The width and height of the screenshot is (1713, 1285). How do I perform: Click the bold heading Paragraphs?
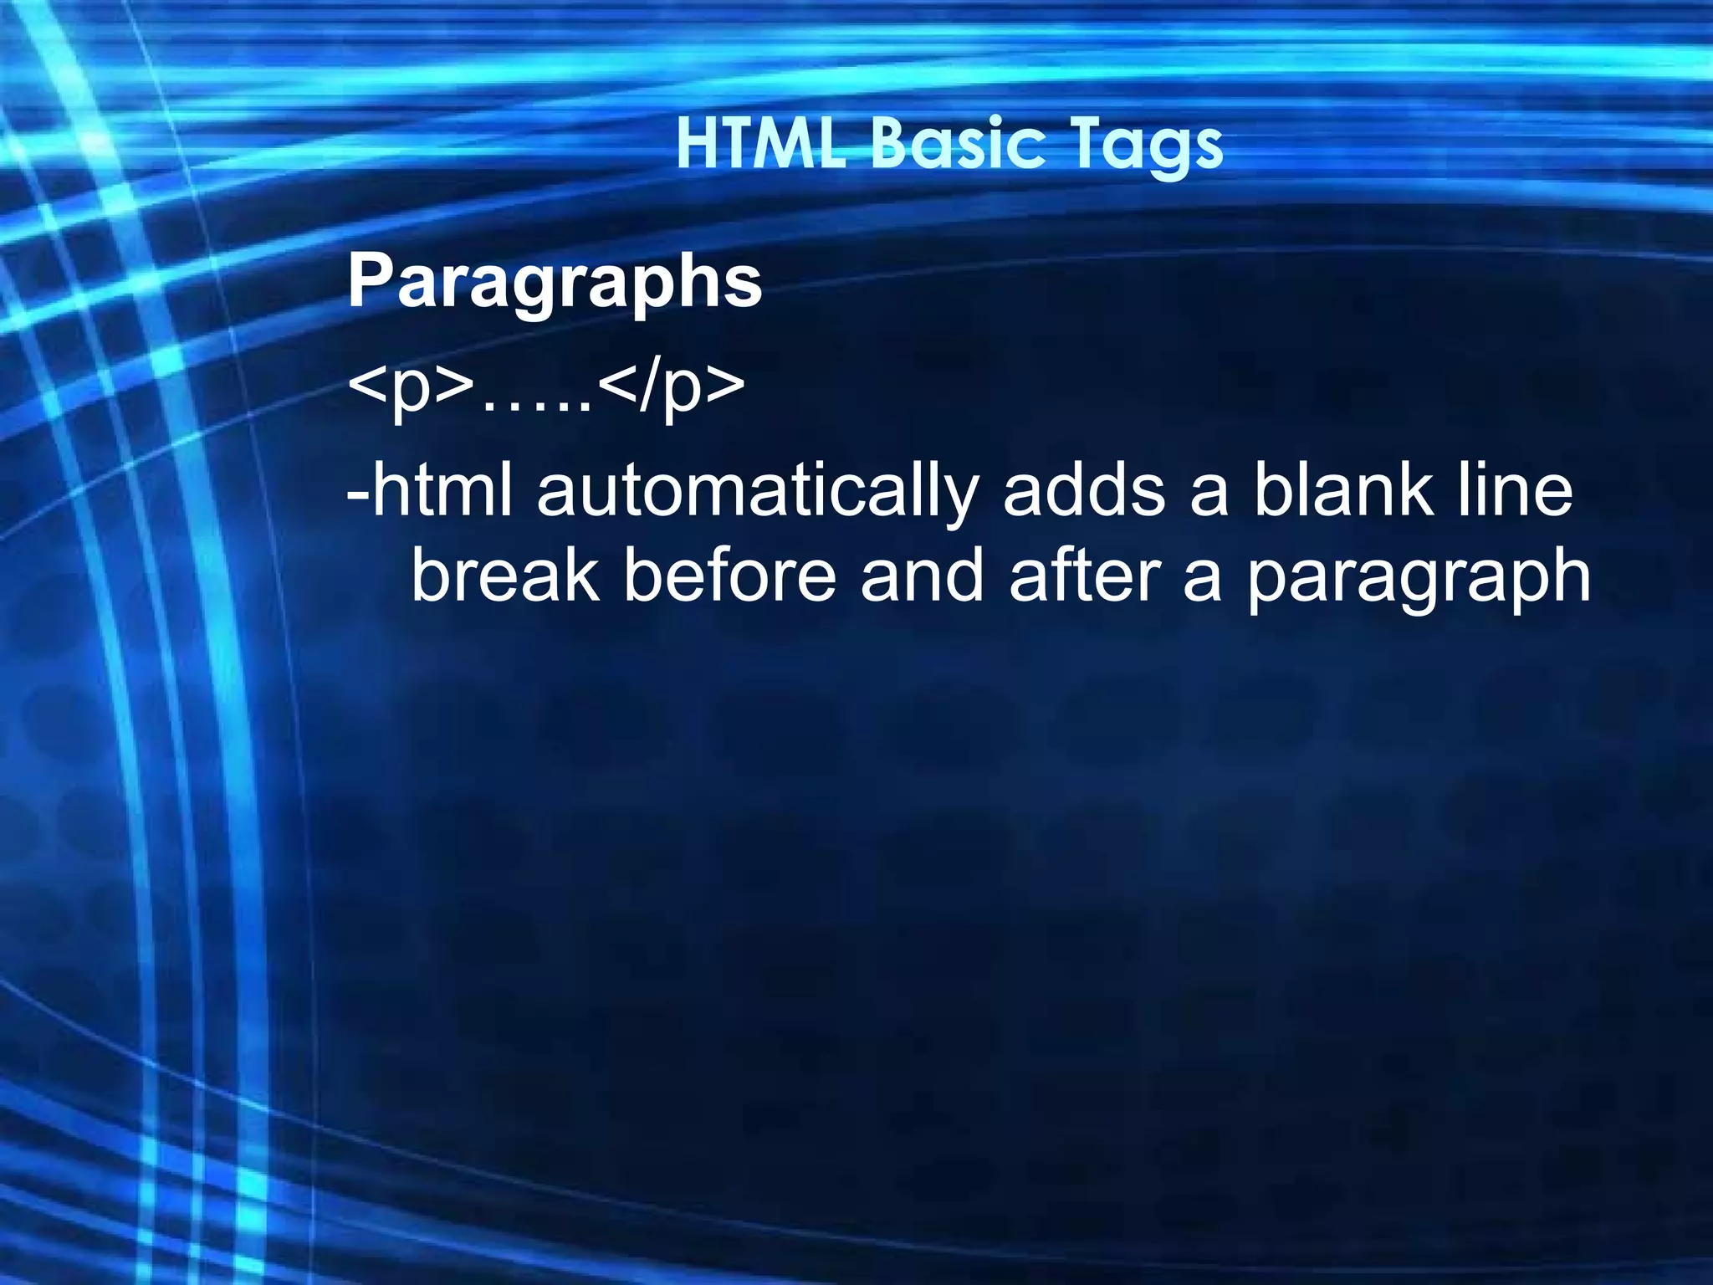tap(555, 284)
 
